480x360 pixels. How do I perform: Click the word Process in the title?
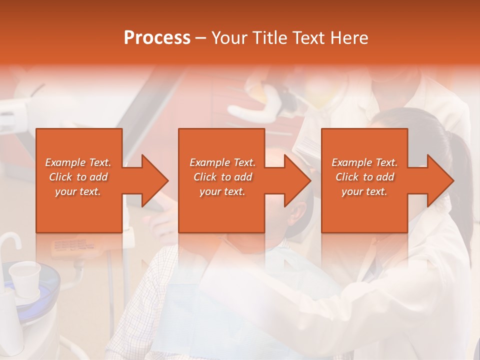tap(157, 38)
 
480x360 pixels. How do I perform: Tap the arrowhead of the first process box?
tap(155, 180)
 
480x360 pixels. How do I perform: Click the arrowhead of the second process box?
tap(297, 180)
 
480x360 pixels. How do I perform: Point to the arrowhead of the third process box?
tap(440, 180)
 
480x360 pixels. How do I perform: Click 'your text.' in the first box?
tap(78, 191)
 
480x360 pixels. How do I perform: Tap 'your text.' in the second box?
tap(222, 191)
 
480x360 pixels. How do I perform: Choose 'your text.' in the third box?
tap(364, 191)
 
